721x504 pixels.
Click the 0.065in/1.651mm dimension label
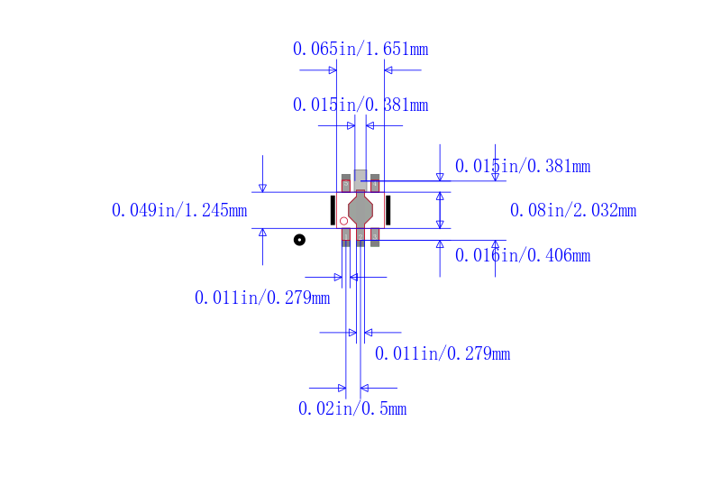(360, 49)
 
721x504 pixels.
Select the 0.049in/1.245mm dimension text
(179, 210)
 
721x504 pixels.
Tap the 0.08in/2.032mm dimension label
(573, 210)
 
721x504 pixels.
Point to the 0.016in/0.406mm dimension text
(523, 255)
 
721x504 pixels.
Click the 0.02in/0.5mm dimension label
(352, 408)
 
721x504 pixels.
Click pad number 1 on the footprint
(346, 237)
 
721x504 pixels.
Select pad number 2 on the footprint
(360, 237)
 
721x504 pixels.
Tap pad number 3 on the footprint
(375, 237)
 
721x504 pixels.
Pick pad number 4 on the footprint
(375, 184)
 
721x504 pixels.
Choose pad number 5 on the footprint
(346, 184)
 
